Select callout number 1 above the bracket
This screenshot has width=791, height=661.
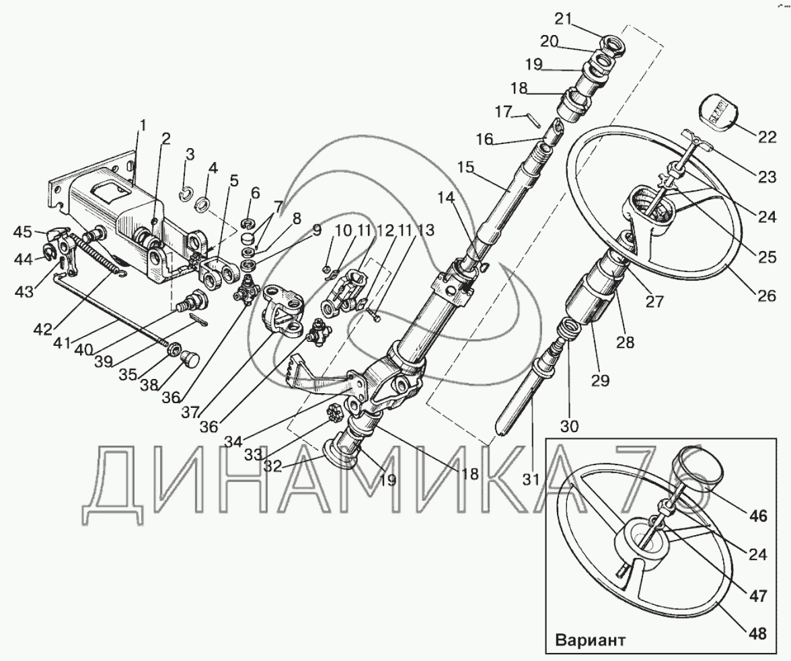pos(142,125)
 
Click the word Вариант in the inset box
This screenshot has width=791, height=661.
pos(590,639)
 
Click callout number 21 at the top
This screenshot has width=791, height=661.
pos(562,19)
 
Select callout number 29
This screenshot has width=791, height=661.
pos(600,381)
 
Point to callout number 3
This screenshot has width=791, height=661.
pos(190,155)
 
